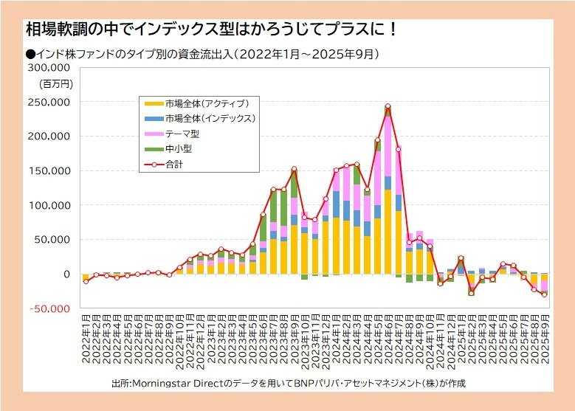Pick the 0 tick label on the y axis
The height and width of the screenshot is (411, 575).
(66, 274)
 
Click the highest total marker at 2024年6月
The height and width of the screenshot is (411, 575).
(388, 106)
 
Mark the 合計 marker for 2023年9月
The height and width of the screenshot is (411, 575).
(294, 169)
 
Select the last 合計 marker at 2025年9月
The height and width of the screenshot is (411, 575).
(544, 294)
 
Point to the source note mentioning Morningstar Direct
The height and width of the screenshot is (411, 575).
(288, 384)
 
